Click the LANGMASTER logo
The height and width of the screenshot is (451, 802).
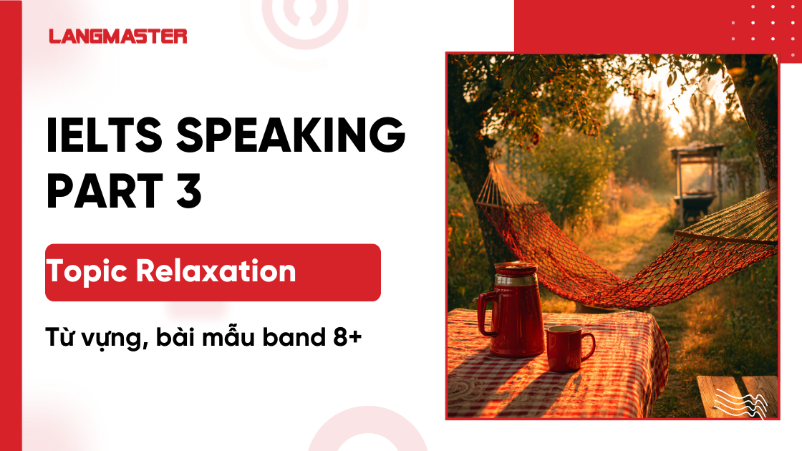[x=118, y=36]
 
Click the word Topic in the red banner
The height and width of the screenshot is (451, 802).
[x=87, y=272]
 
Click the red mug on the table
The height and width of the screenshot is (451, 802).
[x=565, y=347]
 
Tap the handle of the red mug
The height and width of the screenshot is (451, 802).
[x=588, y=346]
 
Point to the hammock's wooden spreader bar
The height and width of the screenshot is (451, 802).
[x=723, y=238]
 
